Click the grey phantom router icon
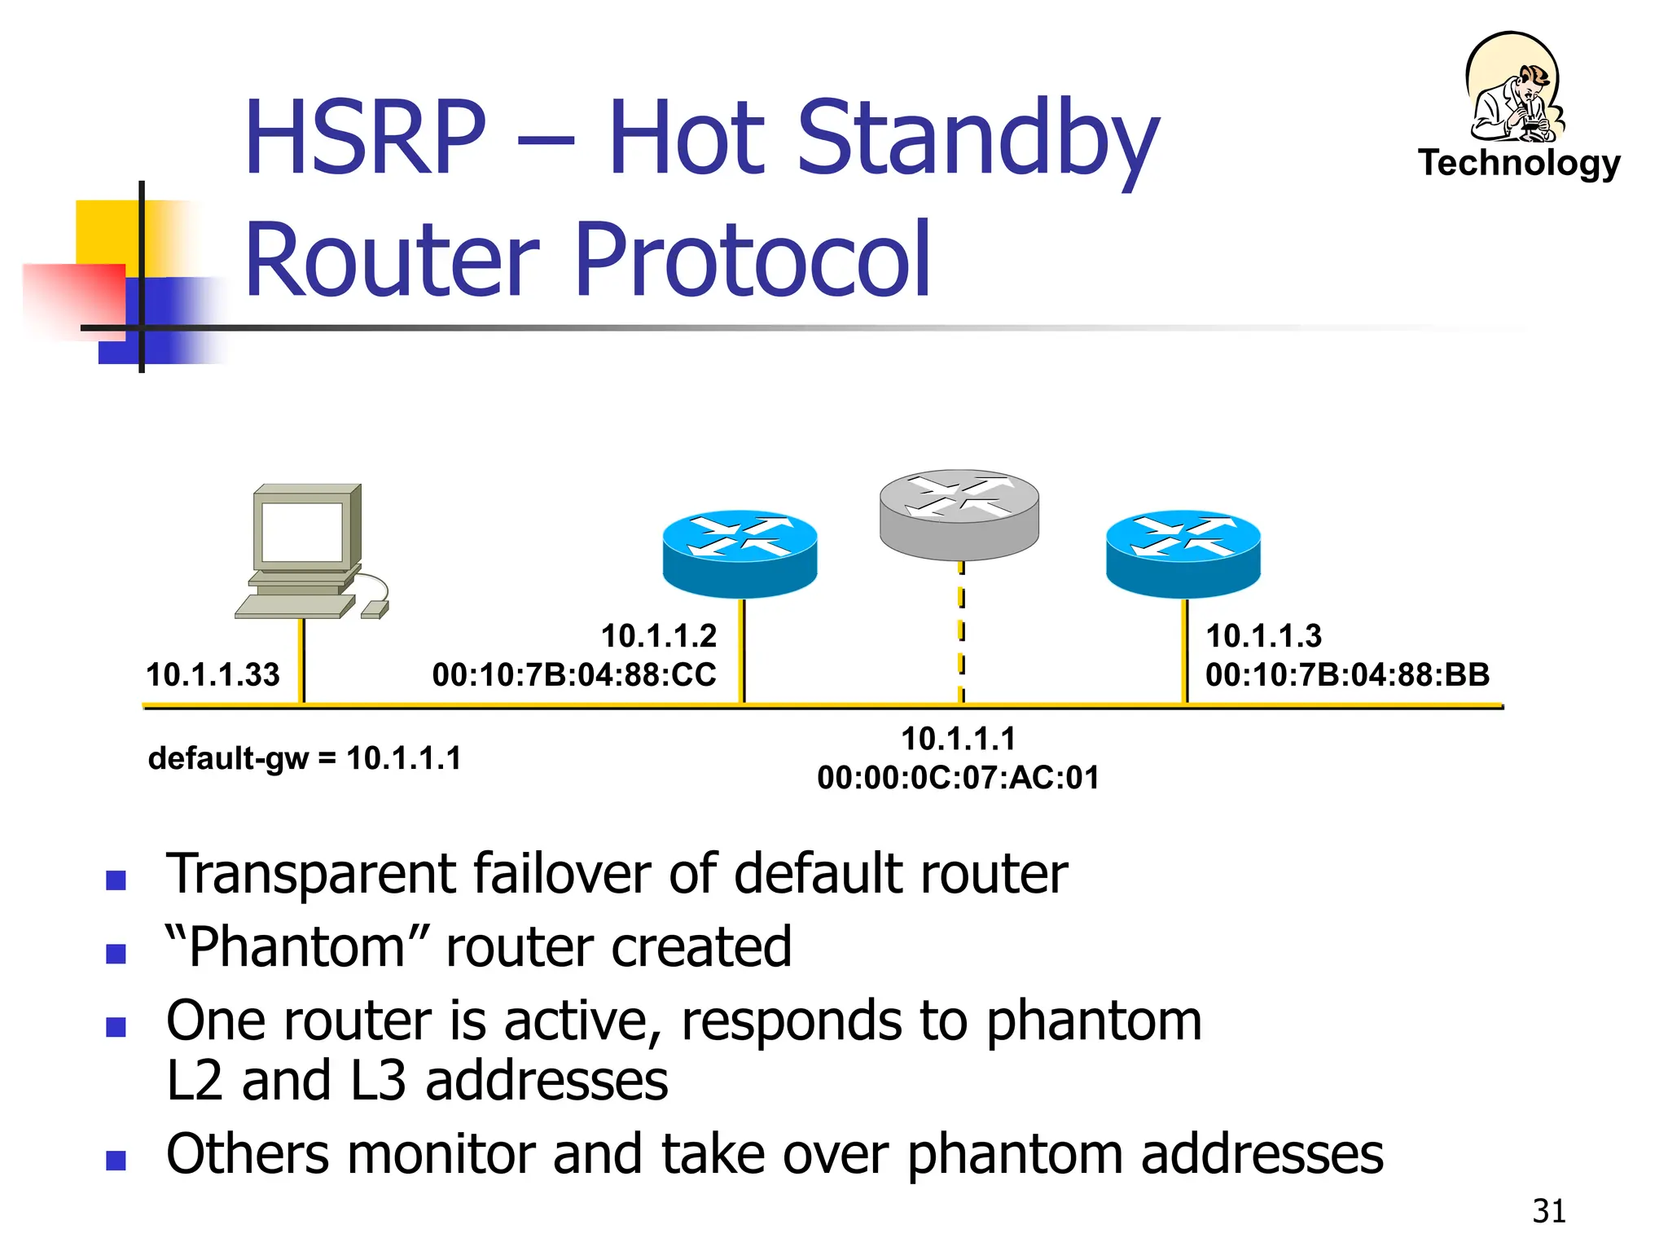(x=959, y=513)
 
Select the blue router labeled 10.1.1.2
(x=740, y=553)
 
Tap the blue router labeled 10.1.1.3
(x=1183, y=553)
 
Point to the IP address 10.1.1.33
(x=213, y=674)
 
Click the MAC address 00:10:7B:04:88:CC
(x=574, y=674)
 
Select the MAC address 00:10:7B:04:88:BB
(x=1347, y=674)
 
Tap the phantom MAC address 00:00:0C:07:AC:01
(x=958, y=778)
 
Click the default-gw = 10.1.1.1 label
(x=305, y=758)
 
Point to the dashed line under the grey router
(x=961, y=631)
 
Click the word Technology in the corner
(x=1519, y=163)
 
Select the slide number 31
(x=1548, y=1211)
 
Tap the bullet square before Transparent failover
(x=116, y=880)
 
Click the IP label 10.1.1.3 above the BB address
(x=1263, y=636)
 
